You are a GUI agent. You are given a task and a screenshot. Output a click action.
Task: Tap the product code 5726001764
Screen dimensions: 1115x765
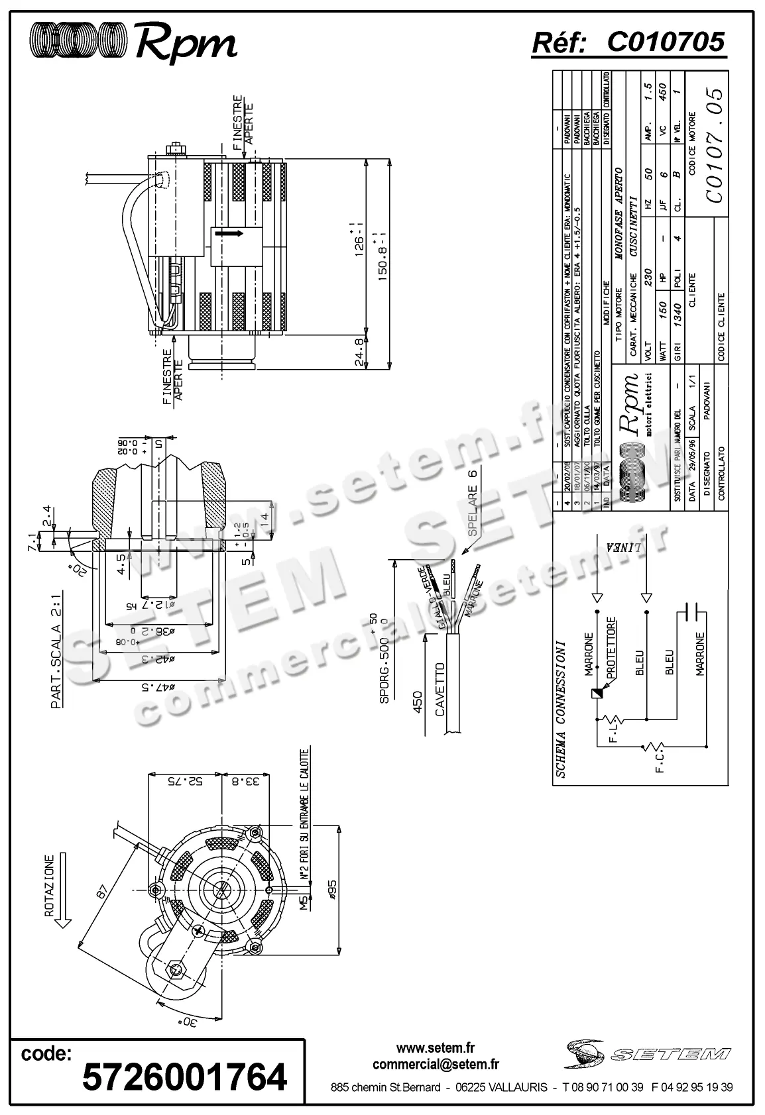184,1076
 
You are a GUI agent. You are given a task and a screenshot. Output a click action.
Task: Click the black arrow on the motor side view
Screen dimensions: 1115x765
229,233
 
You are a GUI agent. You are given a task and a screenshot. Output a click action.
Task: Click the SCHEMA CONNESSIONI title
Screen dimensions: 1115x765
560,708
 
